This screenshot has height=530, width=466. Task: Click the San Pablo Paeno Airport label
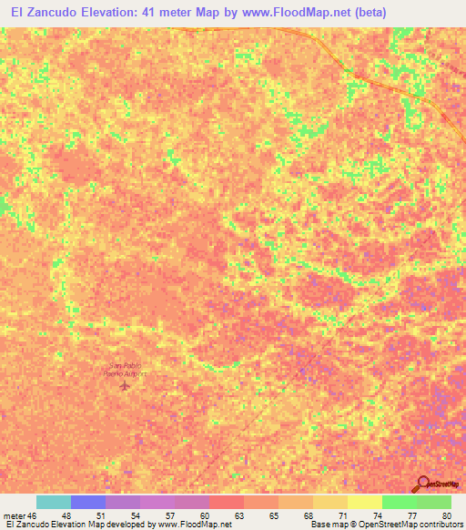123,369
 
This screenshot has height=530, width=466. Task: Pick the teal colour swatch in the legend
54,502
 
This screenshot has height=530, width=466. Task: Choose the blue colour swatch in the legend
88,502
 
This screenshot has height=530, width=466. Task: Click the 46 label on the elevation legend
32,515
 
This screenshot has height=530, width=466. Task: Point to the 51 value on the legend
101,515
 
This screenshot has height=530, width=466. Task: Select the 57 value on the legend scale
170,515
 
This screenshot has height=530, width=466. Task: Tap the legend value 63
239,515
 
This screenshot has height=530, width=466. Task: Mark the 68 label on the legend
309,515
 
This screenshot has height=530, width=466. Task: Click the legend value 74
378,515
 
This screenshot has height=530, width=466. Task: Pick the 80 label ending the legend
446,515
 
